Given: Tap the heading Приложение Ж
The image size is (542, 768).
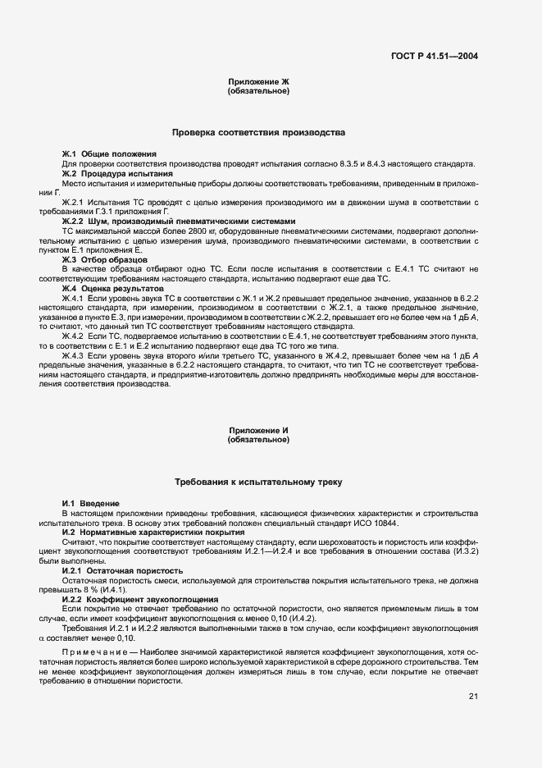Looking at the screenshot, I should pyautogui.click(x=258, y=83).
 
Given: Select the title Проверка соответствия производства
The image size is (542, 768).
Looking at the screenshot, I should pyautogui.click(x=258, y=132).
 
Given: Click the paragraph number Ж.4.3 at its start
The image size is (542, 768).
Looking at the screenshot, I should pyautogui.click(x=73, y=355).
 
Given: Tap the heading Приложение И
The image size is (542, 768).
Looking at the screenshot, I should pyautogui.click(x=258, y=431).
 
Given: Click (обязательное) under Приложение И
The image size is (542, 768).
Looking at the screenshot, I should pyautogui.click(x=258, y=440).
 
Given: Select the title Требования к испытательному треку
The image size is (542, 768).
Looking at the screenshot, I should pyautogui.click(x=258, y=482).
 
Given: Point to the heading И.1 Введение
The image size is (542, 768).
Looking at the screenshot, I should pyautogui.click(x=91, y=503).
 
